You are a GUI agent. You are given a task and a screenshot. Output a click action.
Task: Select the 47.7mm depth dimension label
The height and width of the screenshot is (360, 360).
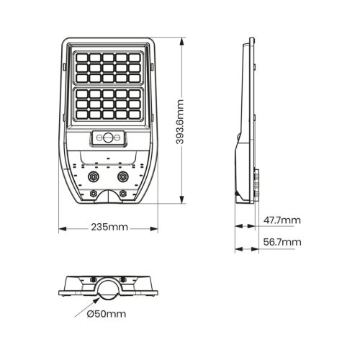[x=282, y=220]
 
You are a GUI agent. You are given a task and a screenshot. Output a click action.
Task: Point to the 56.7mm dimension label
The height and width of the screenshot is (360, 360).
[x=282, y=243]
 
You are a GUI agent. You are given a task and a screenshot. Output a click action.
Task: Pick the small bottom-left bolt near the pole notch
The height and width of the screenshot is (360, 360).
[x=94, y=193]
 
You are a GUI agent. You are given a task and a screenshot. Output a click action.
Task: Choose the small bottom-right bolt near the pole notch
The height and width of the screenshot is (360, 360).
[x=122, y=193]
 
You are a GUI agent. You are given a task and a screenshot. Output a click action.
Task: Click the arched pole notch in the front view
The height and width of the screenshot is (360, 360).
[x=108, y=197]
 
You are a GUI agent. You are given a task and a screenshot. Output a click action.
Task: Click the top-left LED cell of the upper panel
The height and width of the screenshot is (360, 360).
[x=79, y=58]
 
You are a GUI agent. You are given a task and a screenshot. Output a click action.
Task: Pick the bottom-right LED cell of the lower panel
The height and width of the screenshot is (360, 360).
[x=137, y=114]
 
